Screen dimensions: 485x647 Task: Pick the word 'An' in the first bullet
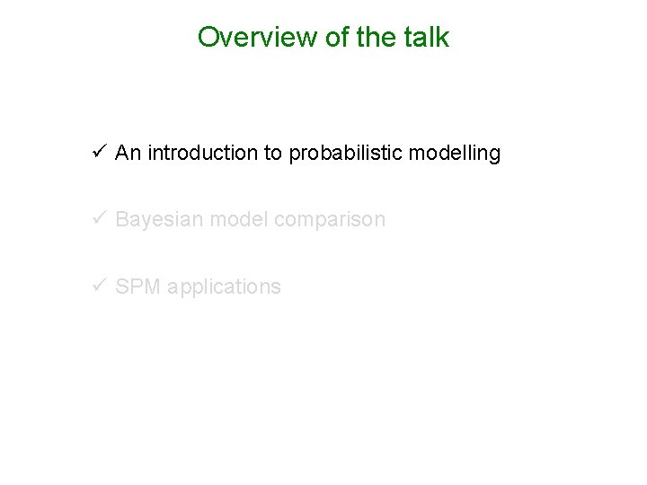tap(128, 154)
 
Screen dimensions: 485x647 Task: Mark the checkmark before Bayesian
tap(99, 219)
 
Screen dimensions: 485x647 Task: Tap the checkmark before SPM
tap(99, 287)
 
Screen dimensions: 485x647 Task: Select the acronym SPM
tap(136, 287)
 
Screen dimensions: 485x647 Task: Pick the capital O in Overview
tap(208, 38)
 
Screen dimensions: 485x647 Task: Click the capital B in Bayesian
tap(122, 219)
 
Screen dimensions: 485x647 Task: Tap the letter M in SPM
tap(148, 287)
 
